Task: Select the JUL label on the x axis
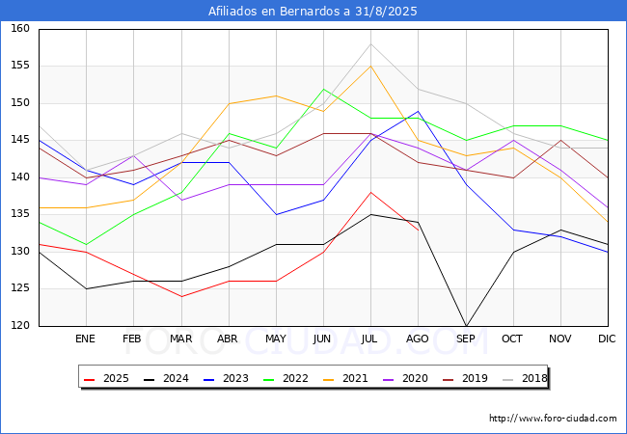coord(370,339)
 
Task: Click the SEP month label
coord(465,339)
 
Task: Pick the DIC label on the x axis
coord(607,339)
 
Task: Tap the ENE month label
coord(86,339)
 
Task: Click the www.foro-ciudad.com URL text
coord(553,419)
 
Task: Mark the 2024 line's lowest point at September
coord(465,326)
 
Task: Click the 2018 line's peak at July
coord(370,44)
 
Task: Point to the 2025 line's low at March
coord(180,296)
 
